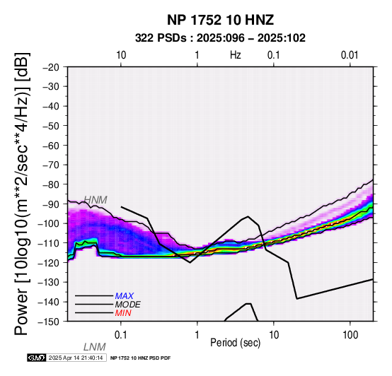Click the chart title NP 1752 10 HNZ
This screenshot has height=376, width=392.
coord(220,20)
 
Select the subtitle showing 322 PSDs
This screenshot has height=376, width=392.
coord(220,38)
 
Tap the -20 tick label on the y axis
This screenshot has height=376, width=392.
coord(51,67)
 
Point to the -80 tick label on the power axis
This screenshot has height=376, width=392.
coord(51,184)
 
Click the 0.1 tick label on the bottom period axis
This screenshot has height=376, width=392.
coord(121,335)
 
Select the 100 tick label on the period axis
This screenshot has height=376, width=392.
coord(350,335)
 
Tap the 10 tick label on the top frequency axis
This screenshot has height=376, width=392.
coord(121,55)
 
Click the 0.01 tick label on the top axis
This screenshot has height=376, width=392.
coord(350,55)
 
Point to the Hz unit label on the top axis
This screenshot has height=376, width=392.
coord(235,55)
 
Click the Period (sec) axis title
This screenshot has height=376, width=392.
coord(235,343)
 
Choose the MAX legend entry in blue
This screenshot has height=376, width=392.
coord(125,296)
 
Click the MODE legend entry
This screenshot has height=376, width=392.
coord(128,305)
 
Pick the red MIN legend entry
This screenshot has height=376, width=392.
coord(123,313)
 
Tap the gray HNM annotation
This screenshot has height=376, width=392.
coord(96,200)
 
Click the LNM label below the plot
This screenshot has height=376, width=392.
coord(95,347)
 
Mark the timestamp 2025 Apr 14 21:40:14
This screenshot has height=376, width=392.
coord(76,358)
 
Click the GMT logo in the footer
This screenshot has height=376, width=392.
coord(37,358)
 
